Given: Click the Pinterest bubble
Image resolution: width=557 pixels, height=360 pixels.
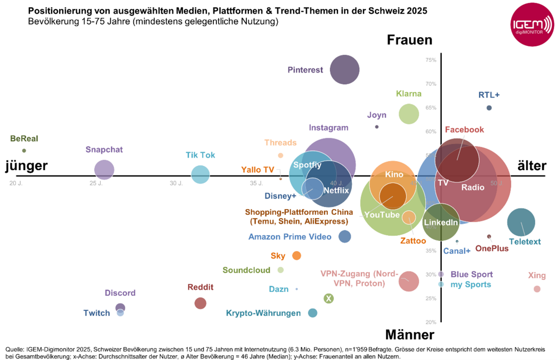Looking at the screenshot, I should (x=345, y=69).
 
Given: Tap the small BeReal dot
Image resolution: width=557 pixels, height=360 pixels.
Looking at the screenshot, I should (x=24, y=150).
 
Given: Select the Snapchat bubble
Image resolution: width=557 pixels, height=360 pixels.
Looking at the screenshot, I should (x=104, y=170).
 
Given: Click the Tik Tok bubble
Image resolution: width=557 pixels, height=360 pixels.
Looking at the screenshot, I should (x=200, y=174).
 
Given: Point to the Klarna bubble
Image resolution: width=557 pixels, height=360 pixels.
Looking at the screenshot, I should (x=409, y=114).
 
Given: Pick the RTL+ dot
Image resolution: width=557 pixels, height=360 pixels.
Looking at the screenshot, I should (x=489, y=108).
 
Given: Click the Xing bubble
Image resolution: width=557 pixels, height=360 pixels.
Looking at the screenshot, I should (x=537, y=289).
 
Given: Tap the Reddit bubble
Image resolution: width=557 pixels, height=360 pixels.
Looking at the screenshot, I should (x=200, y=303).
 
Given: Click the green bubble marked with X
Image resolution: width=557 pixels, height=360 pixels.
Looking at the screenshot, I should (x=329, y=298).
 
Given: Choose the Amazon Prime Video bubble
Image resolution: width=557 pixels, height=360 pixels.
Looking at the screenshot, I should (x=345, y=236).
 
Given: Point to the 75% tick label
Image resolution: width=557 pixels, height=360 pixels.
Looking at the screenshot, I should (x=431, y=60).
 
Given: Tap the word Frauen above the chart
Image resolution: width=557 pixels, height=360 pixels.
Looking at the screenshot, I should (x=409, y=41).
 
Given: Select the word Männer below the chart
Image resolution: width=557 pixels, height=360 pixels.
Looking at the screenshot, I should (x=409, y=335).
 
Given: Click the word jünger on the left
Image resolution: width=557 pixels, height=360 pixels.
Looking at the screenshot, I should (x=27, y=166).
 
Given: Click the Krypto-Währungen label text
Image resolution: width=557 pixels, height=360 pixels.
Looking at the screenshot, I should (x=263, y=313).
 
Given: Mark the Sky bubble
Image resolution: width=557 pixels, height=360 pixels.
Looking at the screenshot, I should (x=297, y=255).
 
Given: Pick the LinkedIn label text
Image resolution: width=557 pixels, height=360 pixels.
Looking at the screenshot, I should (x=441, y=222).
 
